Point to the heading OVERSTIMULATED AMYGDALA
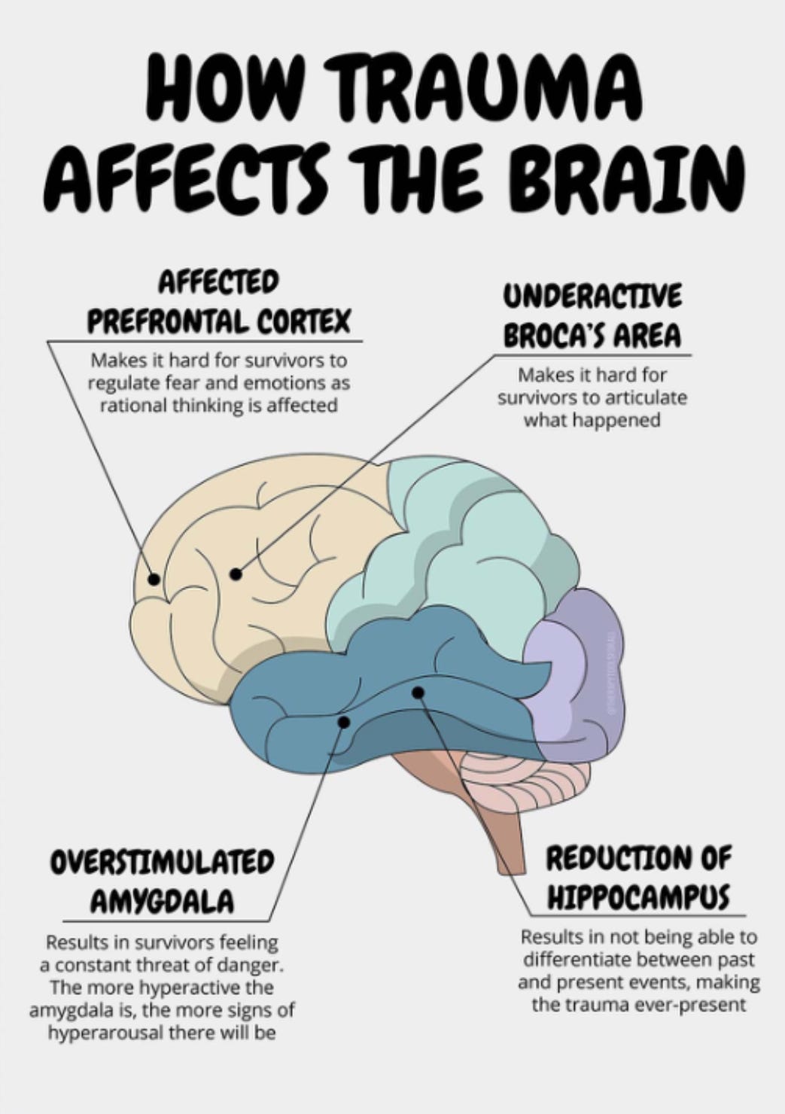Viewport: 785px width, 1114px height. point(162,881)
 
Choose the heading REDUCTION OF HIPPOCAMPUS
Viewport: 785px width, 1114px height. point(637,876)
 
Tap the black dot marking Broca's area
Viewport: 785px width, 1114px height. point(236,574)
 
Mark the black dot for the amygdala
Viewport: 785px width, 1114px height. point(344,722)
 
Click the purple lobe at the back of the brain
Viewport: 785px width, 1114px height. point(576,677)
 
